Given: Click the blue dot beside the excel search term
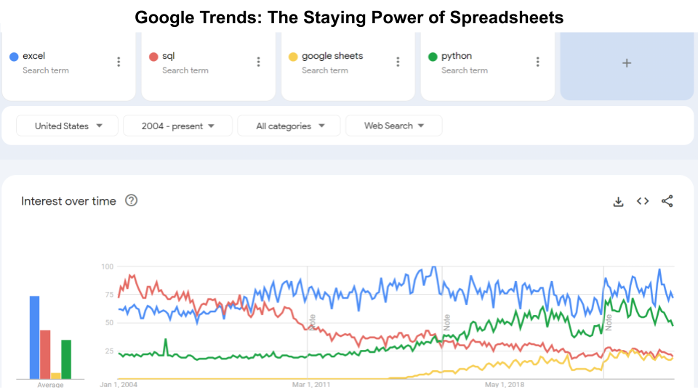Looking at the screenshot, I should click(14, 57).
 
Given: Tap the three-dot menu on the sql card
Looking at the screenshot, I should click(258, 62).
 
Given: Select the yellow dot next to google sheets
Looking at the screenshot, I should click(293, 57).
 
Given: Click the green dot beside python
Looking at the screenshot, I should click(433, 57).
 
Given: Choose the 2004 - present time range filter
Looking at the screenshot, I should click(178, 126).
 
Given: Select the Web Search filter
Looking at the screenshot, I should click(393, 126).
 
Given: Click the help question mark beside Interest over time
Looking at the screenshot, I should click(132, 201).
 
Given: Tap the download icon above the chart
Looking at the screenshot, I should click(619, 202).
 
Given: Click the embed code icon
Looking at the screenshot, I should click(643, 201).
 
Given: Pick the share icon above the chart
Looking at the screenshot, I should click(667, 201).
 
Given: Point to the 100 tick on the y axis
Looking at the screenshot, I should click(107, 267).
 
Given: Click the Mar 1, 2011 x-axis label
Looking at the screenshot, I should click(312, 384).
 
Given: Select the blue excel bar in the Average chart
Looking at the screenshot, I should click(34, 337).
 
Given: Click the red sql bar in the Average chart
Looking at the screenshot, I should click(45, 354).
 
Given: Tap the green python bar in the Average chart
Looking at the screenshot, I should click(66, 359).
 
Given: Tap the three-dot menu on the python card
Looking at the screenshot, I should click(537, 62).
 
